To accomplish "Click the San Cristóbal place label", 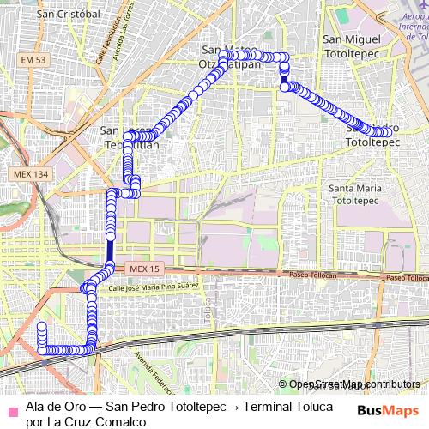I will click(68, 15).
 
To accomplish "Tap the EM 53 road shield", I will click(34, 58).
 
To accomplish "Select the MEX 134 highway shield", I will click(33, 173).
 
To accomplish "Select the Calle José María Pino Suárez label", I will click(154, 287).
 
